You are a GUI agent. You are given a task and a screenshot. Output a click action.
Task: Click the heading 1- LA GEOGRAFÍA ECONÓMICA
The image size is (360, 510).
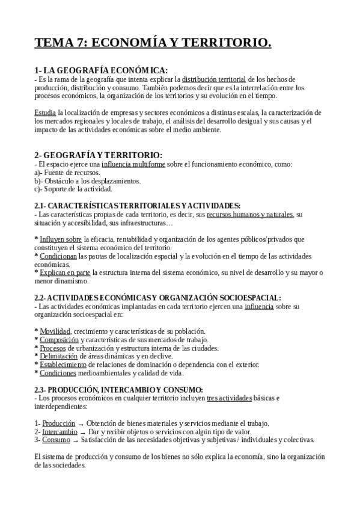(x=101, y=70)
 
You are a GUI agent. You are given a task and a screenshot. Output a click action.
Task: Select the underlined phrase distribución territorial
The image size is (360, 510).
(x=214, y=79)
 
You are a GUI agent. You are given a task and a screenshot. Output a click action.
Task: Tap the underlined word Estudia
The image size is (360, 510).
(x=45, y=112)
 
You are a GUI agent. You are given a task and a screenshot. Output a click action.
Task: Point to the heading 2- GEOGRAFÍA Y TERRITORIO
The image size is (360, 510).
(x=99, y=155)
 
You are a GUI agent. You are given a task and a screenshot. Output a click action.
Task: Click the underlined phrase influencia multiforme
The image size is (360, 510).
(x=133, y=164)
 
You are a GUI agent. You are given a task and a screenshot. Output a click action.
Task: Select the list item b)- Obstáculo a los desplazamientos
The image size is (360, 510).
(x=79, y=180)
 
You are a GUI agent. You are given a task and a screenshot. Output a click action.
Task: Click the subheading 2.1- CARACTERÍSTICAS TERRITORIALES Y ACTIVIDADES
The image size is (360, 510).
(x=138, y=206)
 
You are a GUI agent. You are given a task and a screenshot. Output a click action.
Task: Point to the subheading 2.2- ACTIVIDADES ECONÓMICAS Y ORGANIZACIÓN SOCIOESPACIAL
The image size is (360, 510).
(x=157, y=298)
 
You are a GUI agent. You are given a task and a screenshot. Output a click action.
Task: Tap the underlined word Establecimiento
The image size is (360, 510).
(x=66, y=364)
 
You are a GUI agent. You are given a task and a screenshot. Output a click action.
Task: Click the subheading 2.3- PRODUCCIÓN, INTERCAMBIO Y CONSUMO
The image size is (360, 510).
(x=118, y=389)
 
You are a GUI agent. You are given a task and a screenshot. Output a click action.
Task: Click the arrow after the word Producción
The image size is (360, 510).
(x=81, y=424)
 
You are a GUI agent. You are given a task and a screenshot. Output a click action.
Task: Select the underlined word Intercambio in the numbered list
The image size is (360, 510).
(x=59, y=431)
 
